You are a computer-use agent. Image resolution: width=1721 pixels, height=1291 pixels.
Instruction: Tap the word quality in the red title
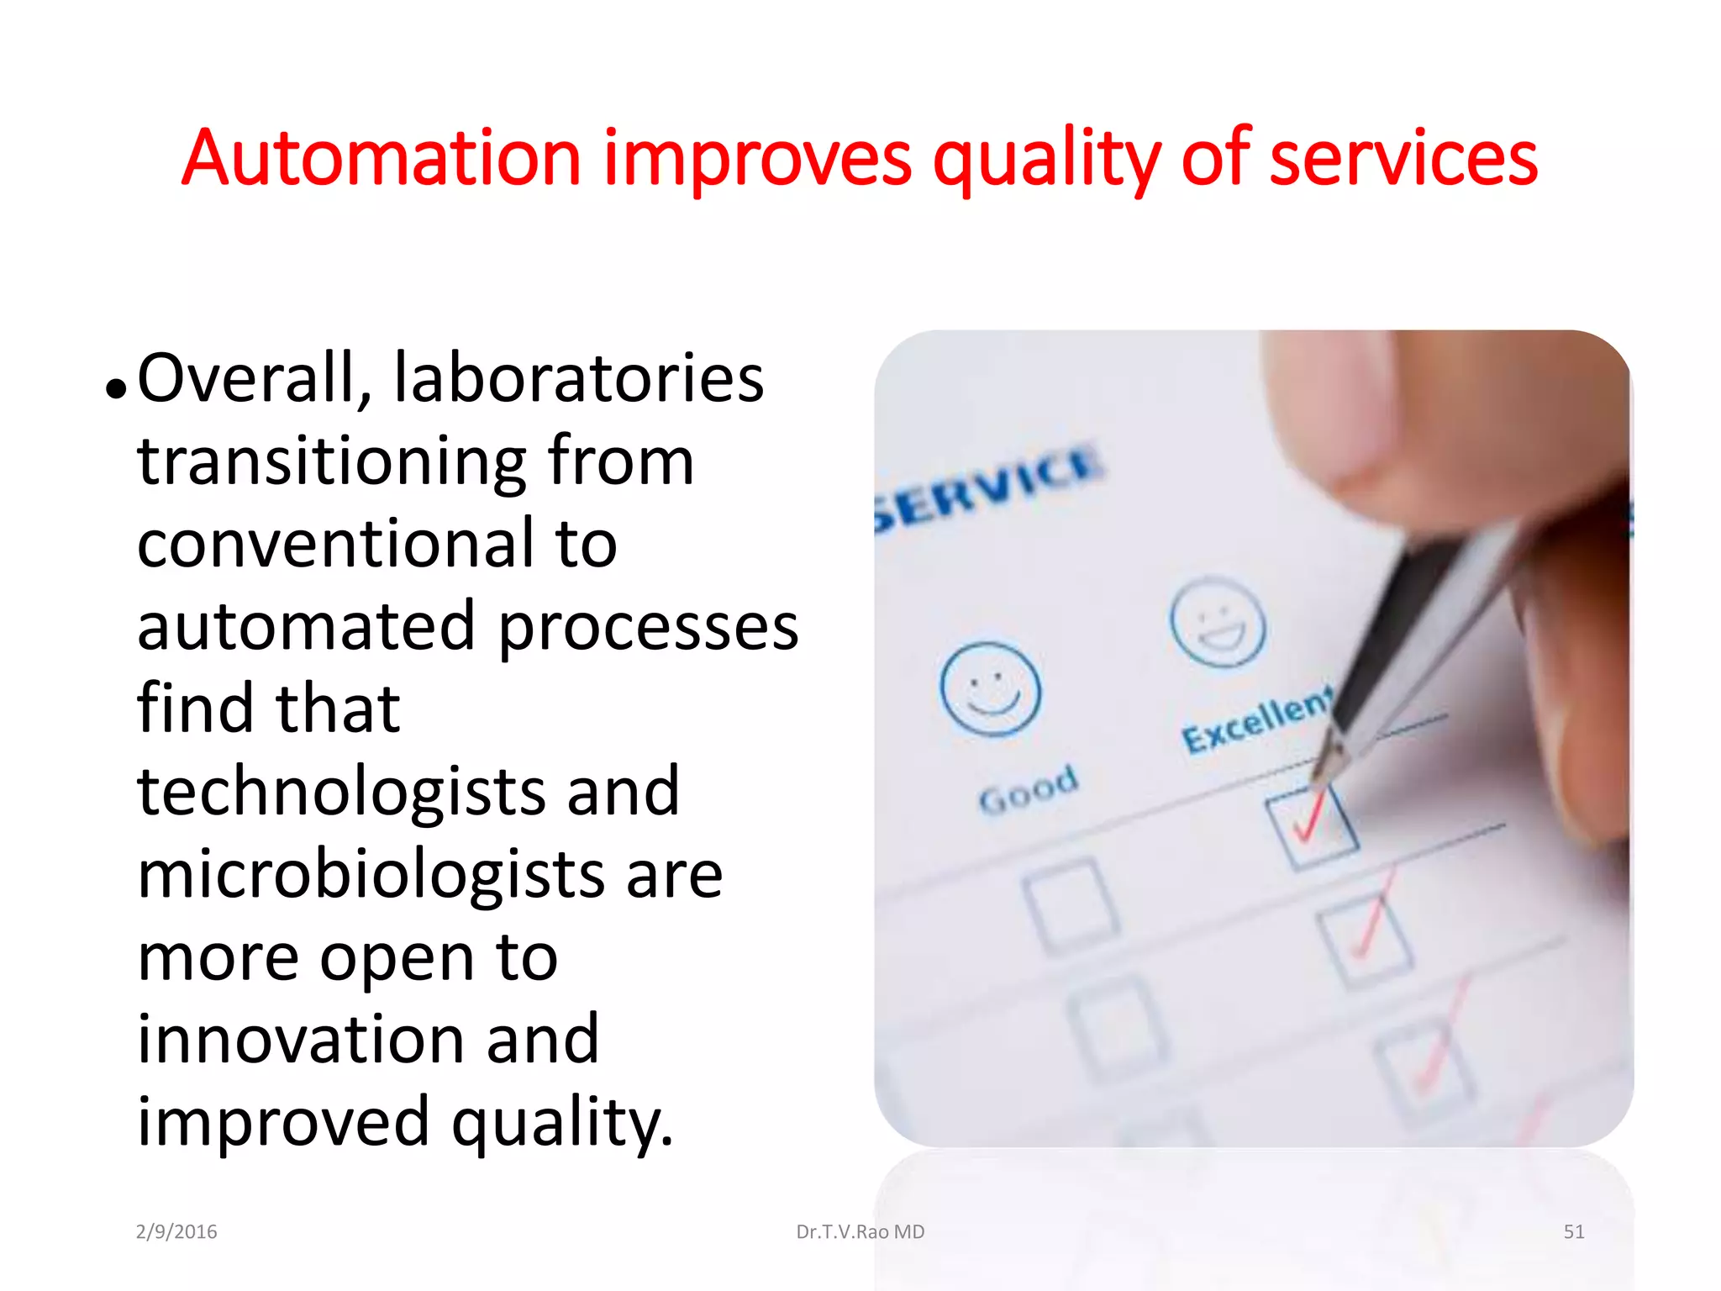point(1046,160)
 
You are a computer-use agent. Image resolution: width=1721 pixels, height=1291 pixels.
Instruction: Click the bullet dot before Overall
point(116,388)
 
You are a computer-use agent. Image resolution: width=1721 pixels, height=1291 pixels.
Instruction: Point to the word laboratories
point(578,378)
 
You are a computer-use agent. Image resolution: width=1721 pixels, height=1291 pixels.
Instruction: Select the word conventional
point(336,544)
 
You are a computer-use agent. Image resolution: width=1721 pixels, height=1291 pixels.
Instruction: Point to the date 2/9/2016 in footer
point(176,1232)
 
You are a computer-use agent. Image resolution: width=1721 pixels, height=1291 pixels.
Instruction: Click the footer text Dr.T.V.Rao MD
point(860,1232)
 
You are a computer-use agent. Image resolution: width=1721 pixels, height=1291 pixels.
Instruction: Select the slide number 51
point(1573,1232)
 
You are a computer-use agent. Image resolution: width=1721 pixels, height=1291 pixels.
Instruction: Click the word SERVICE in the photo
point(988,487)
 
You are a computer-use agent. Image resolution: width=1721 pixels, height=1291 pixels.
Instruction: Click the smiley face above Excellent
point(1217,623)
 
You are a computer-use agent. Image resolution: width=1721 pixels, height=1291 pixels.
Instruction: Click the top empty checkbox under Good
point(1070,905)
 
